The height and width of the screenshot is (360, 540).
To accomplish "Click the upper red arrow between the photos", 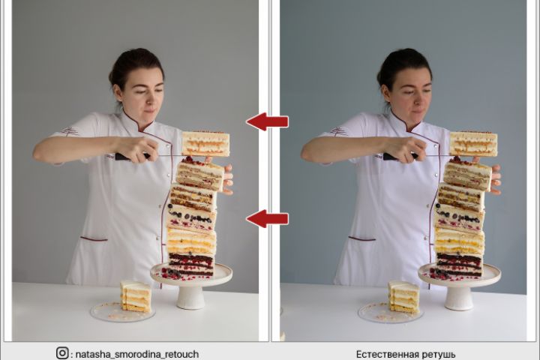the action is coord(267,121).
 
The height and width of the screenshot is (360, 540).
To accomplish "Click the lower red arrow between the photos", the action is coord(267,218).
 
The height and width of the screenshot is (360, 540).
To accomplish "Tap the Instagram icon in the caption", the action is coord(62,353).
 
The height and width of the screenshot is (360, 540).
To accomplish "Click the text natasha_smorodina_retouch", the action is coord(137,354).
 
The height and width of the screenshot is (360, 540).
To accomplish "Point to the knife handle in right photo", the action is coord(400,157).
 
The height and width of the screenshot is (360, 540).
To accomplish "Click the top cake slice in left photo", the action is coord(205,144).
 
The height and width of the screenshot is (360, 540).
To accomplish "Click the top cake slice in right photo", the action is coord(473,144).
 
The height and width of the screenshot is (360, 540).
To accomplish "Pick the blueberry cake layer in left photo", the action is coord(190,217).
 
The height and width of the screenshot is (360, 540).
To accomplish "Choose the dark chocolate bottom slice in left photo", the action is coord(190,265).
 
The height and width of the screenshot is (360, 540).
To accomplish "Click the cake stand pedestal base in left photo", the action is coord(190,298).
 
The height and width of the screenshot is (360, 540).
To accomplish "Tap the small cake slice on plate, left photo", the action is coord(135,296).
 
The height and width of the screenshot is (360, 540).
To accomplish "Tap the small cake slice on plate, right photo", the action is coord(403,296).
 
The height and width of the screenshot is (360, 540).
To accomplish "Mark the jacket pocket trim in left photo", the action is coord(94,238).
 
